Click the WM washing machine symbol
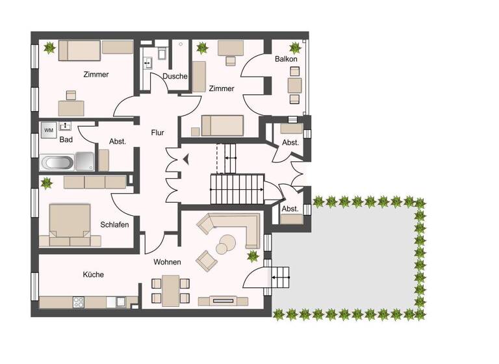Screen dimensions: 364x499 point(49,130)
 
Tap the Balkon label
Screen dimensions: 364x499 point(286,59)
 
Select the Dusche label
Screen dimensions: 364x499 point(175,76)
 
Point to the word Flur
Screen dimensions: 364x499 point(157,133)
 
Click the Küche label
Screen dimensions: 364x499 point(93,274)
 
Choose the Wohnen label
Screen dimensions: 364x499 point(167,262)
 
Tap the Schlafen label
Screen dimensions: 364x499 point(114,225)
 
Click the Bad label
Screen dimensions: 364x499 point(66,140)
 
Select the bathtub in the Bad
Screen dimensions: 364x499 point(57,162)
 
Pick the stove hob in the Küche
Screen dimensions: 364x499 point(79,302)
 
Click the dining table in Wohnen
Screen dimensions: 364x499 point(171,290)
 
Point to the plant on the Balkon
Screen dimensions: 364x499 point(296,47)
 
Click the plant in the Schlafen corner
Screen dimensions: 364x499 point(47,183)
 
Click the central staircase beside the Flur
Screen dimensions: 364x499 point(237,188)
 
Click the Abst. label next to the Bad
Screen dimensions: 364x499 point(118,141)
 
